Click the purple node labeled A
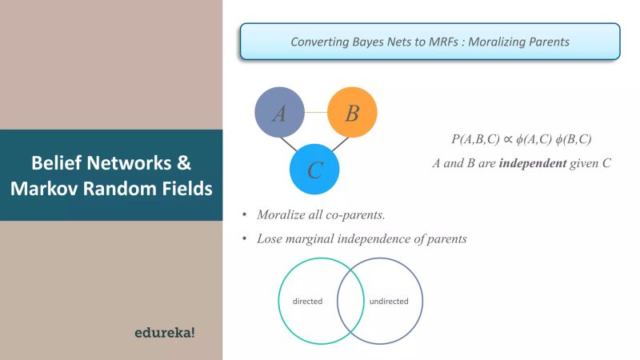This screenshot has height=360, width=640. click(279, 113)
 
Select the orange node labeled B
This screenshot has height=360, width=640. click(352, 113)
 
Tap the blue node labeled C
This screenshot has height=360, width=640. click(315, 170)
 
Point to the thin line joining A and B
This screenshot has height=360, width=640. click(315, 112)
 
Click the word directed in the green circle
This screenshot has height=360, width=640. click(307, 302)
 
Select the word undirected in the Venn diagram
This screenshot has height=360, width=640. click(389, 302)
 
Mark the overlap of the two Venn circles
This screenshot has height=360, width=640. click(348, 302)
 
